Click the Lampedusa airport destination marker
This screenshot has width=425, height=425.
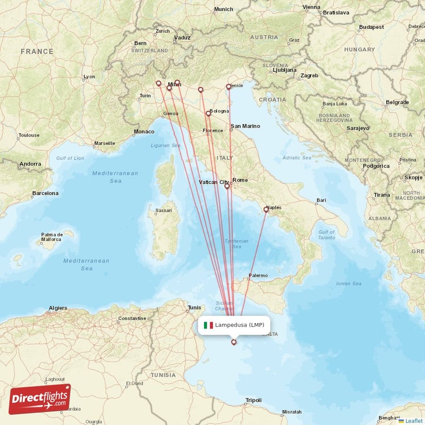[x=234, y=343]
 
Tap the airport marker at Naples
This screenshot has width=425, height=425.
[x=266, y=210]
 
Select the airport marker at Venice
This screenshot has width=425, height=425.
[x=228, y=87]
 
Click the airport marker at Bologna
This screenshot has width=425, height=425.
[x=208, y=113]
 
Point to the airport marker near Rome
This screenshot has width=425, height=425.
[x=227, y=186]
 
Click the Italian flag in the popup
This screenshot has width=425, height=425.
[x=208, y=325]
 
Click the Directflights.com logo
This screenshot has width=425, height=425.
[x=40, y=398]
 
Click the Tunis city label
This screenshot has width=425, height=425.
[x=194, y=308]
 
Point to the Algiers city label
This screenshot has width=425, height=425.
[x=58, y=308]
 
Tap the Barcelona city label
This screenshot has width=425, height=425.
[x=45, y=193]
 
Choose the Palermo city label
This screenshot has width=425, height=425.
[x=258, y=275]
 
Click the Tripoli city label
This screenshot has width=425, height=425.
[x=253, y=400]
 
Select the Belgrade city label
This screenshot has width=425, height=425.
[x=397, y=102]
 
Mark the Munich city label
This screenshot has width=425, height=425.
[x=223, y=9]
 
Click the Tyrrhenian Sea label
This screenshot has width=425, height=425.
[x=236, y=243]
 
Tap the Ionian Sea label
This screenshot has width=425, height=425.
[x=349, y=283]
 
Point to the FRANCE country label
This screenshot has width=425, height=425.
[x=37, y=52]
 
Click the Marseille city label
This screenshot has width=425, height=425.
[x=104, y=143]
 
